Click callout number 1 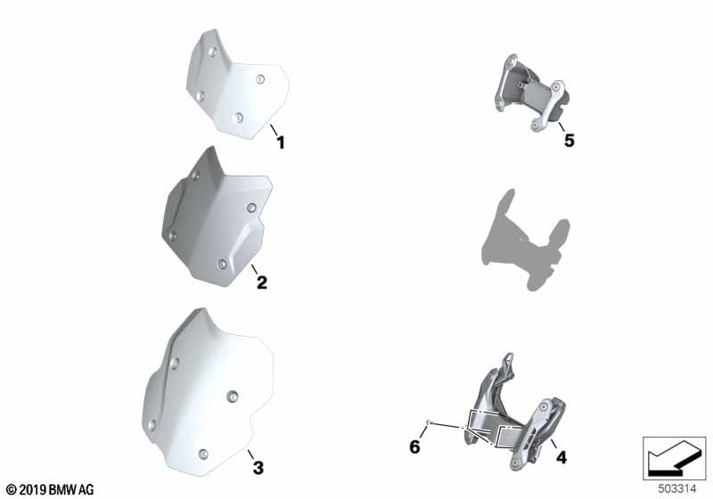click(x=281, y=143)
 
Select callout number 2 click(x=262, y=282)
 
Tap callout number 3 click(x=258, y=467)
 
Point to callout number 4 click(x=561, y=457)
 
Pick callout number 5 click(x=570, y=141)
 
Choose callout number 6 click(x=414, y=446)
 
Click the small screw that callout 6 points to click(x=428, y=422)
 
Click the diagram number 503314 click(x=677, y=489)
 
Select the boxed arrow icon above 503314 click(x=675, y=459)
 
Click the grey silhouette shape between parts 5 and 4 click(x=526, y=240)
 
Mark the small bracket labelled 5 click(x=530, y=93)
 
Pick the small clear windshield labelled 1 click(x=237, y=84)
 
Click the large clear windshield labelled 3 click(x=208, y=392)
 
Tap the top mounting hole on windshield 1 click(x=212, y=52)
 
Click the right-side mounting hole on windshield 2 click(x=251, y=209)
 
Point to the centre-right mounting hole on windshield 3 click(x=233, y=397)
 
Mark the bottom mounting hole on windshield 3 click(x=203, y=454)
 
